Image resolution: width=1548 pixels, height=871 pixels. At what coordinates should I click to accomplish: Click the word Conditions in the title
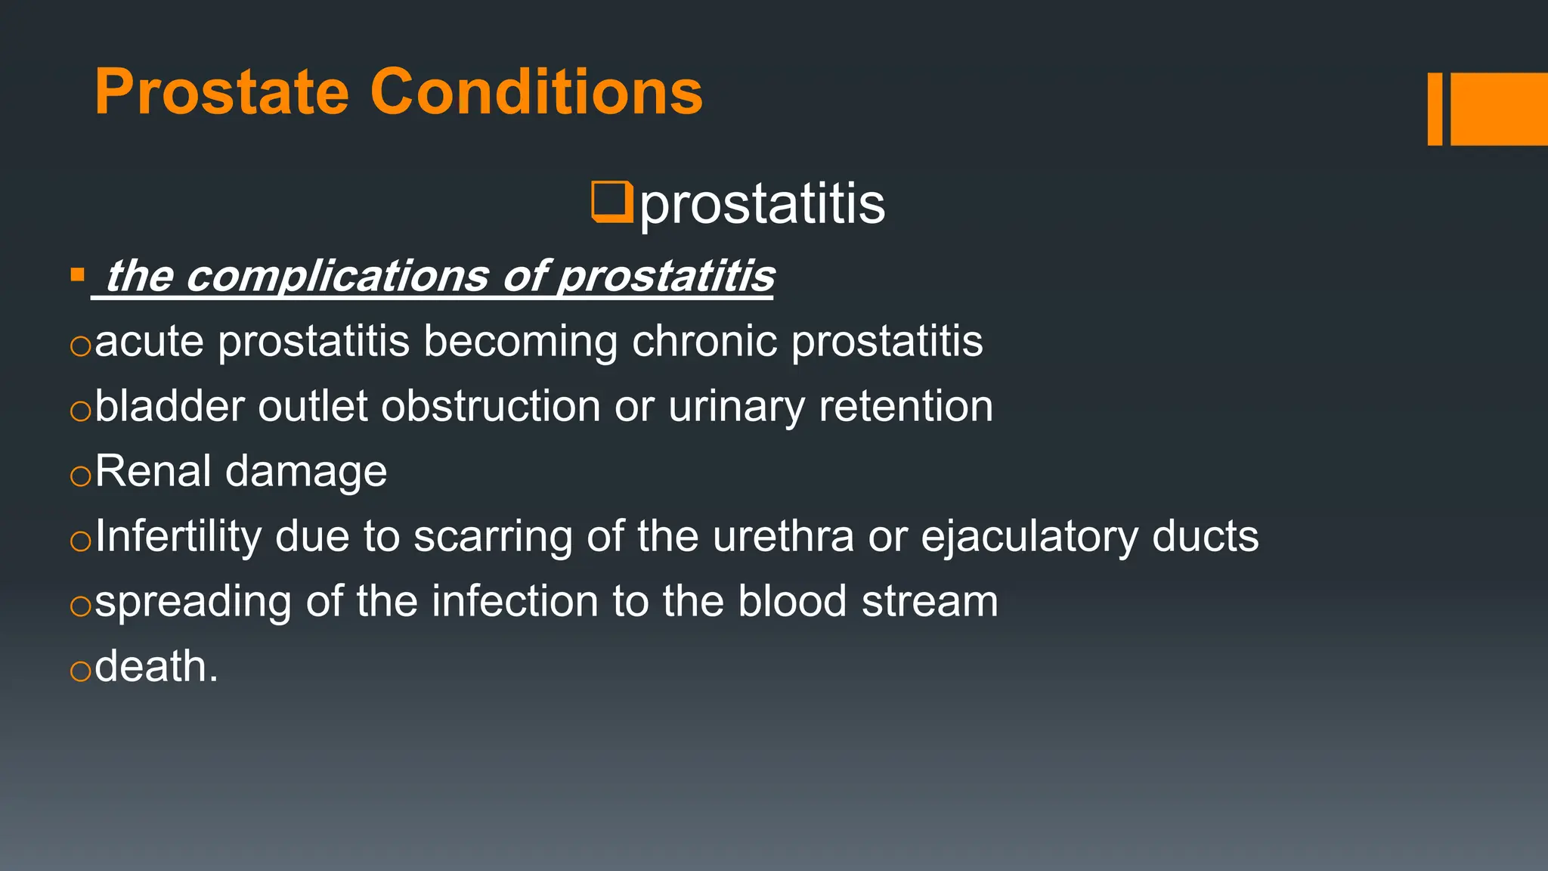[536, 92]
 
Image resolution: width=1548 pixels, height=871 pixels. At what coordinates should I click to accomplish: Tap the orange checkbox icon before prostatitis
[611, 202]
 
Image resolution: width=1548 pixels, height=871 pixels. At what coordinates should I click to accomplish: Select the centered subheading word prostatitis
[762, 204]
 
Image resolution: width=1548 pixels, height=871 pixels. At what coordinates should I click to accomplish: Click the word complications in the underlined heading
[337, 276]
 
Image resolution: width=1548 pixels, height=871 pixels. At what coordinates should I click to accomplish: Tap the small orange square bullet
[77, 274]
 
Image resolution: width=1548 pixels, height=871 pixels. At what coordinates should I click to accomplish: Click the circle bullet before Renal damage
[80, 476]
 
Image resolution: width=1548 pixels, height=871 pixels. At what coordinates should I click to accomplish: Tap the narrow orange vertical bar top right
[1435, 109]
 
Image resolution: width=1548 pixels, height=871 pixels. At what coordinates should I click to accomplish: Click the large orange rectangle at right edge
[1499, 109]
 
